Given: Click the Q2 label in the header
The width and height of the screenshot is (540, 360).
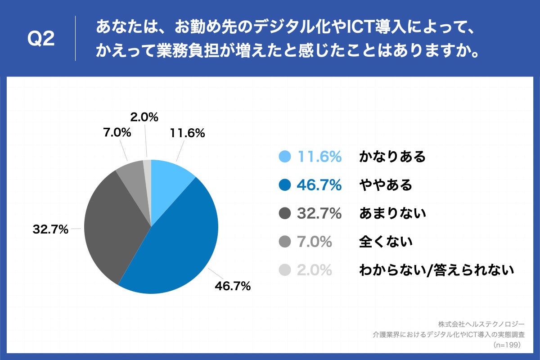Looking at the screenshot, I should click(x=41, y=40).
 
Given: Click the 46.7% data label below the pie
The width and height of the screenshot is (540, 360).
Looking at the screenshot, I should click(x=233, y=286).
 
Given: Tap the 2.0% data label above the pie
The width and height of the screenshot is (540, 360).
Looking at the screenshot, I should click(x=144, y=117).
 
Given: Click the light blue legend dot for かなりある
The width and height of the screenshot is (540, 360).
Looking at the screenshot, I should click(x=284, y=157).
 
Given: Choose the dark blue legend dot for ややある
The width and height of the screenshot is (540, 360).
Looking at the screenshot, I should click(x=284, y=185).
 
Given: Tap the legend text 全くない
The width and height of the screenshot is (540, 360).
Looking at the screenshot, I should click(x=386, y=242).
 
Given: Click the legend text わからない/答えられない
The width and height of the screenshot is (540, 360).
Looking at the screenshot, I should click(x=436, y=270).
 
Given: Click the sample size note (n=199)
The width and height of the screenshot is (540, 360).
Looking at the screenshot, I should click(x=507, y=345).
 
